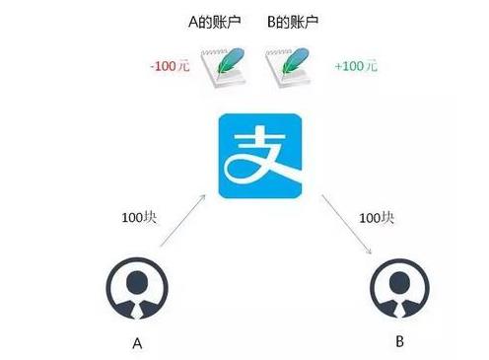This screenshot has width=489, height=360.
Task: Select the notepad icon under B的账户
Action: click(x=288, y=69)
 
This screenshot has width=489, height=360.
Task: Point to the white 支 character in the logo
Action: click(x=259, y=156)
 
